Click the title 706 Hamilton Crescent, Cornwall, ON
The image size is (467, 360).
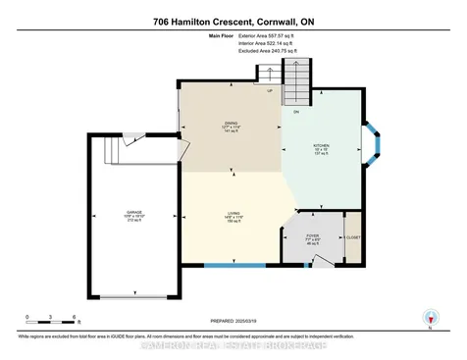(x=233, y=21)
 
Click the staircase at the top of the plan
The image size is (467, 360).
(x=294, y=73)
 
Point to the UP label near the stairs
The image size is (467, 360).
(x=270, y=92)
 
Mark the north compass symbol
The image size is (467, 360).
(x=427, y=316)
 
